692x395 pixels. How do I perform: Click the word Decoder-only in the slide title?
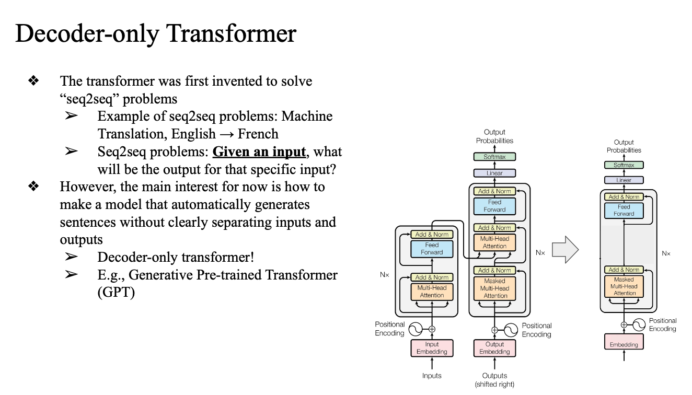pos(87,33)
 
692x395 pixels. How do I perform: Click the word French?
pos(258,134)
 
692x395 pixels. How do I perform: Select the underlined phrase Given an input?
pos(259,152)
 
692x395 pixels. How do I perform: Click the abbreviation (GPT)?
pos(116,293)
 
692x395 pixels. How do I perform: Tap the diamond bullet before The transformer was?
pos(34,81)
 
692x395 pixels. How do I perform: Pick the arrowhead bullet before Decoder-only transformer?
pos(72,257)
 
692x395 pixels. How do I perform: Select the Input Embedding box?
pos(432,348)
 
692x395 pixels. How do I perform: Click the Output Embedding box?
pos(494,348)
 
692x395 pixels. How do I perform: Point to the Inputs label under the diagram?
pos(432,376)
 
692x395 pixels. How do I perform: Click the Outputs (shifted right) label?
pos(494,380)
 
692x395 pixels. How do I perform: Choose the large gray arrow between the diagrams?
pos(565,250)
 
